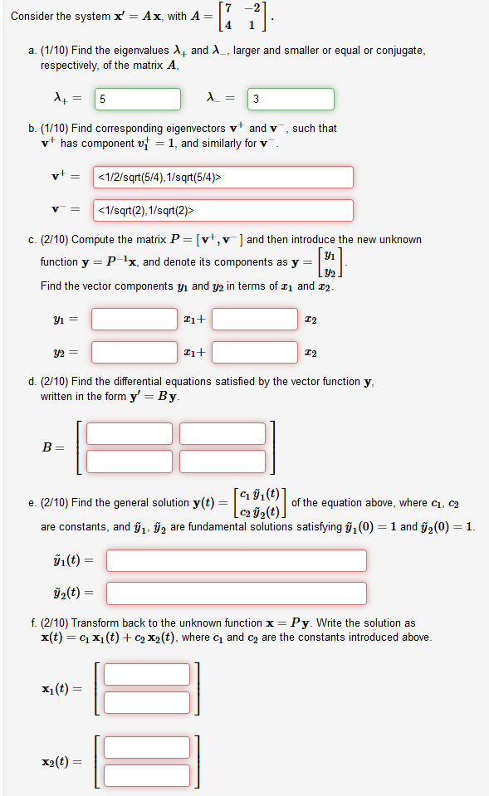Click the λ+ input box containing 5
click(x=137, y=100)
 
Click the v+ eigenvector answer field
click(x=222, y=177)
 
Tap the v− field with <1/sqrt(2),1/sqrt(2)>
click(x=222, y=210)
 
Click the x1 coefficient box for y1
click(x=134, y=319)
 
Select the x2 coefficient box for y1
click(x=255, y=319)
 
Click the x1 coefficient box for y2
click(x=134, y=352)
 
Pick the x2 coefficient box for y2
click(x=255, y=352)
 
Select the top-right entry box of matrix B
click(x=222, y=433)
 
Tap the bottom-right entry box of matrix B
click(x=222, y=460)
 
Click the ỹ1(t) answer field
click(x=236, y=560)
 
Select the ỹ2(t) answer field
click(x=236, y=593)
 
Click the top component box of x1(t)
click(x=147, y=674)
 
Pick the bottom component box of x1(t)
click(x=147, y=701)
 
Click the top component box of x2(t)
click(x=147, y=747)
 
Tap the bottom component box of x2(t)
click(x=147, y=774)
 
